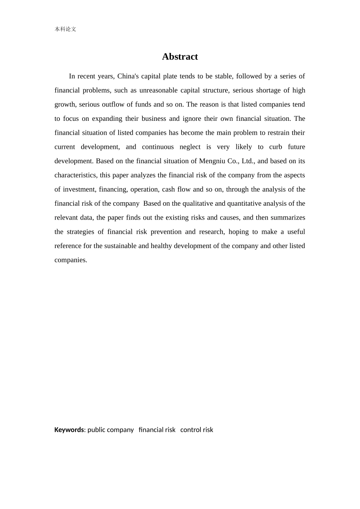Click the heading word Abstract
click(180, 57)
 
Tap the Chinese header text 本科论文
click(65, 29)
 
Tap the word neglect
click(190, 147)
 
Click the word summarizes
click(288, 218)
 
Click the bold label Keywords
click(69, 430)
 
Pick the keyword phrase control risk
click(197, 430)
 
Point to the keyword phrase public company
click(111, 430)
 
